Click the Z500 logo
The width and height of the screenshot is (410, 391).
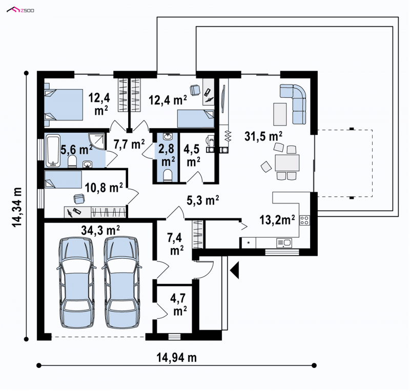click(x=20, y=10)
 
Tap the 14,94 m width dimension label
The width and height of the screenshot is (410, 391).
click(x=176, y=357)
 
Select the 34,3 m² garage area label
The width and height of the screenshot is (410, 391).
click(x=100, y=231)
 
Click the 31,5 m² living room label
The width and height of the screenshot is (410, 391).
click(x=263, y=136)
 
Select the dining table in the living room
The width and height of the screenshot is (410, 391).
click(x=287, y=162)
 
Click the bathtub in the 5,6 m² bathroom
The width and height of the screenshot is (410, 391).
click(x=53, y=151)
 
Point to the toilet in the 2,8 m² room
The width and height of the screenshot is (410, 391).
click(x=167, y=176)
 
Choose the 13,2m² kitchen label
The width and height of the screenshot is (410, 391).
click(x=277, y=220)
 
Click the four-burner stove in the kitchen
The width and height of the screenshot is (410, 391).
click(x=304, y=220)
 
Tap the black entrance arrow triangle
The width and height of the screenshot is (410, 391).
click(x=235, y=271)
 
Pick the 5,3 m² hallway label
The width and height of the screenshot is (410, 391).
click(x=202, y=200)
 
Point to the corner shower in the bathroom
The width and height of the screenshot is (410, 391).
click(x=98, y=142)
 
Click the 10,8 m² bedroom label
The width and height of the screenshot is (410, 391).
click(x=104, y=188)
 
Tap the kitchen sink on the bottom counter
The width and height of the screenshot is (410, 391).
click(x=284, y=243)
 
